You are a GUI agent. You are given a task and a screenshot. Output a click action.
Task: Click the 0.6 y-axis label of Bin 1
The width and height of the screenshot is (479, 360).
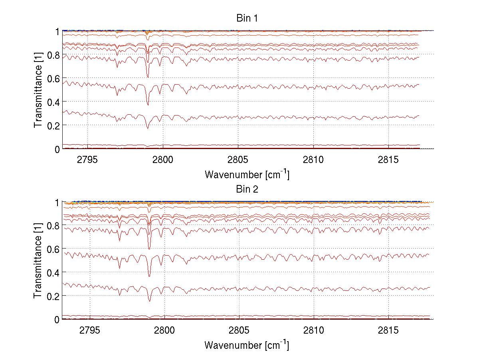pos(53,78)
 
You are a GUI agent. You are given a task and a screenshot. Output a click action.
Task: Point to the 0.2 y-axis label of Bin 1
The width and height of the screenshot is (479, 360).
pos(53,125)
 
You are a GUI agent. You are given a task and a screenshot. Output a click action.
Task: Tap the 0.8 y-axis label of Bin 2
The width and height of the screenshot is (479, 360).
pos(53,226)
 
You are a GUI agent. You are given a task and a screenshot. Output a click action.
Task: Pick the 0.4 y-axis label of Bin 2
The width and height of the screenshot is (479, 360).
pos(53,272)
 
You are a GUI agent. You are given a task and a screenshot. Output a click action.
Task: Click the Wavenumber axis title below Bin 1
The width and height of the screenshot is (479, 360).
pos(247,174)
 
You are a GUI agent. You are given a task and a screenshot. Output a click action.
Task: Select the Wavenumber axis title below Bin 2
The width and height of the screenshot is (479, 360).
pos(247,344)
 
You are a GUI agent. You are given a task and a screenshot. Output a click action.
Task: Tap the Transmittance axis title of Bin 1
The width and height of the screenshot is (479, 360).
pos(38,90)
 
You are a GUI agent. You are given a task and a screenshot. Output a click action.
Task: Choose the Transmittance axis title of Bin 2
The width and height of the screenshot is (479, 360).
pos(38,261)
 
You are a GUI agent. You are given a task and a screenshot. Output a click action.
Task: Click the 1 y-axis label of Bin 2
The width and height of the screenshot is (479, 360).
pos(57,203)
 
